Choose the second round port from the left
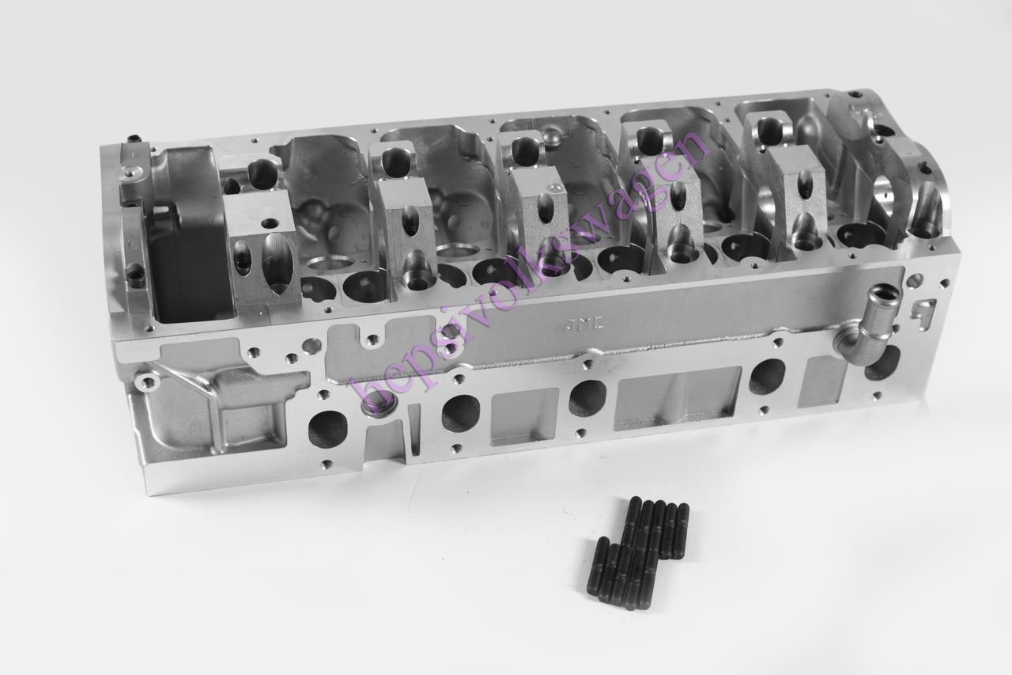(461, 413)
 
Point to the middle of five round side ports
(587, 398)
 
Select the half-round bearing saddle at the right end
(926, 210)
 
